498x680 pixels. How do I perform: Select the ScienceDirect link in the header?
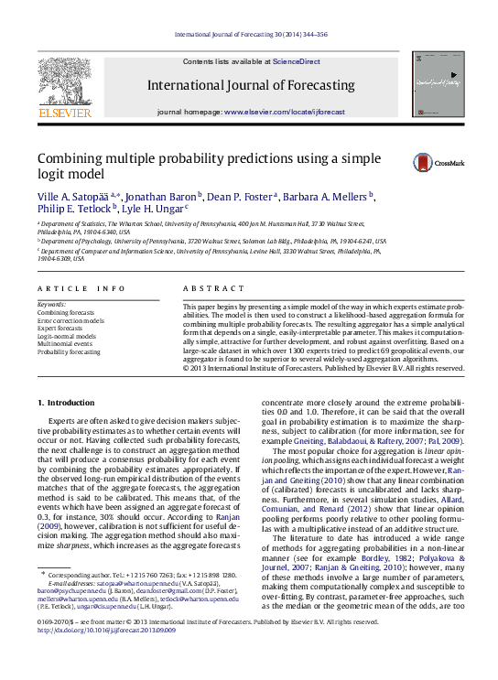click(x=297, y=61)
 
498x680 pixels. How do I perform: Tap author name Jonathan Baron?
click(x=152, y=197)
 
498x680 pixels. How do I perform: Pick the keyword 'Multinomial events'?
click(x=67, y=343)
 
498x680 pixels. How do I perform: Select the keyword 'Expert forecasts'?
click(x=62, y=328)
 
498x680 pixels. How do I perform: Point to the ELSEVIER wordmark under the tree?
click(x=64, y=113)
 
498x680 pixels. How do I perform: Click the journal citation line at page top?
click(x=249, y=35)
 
